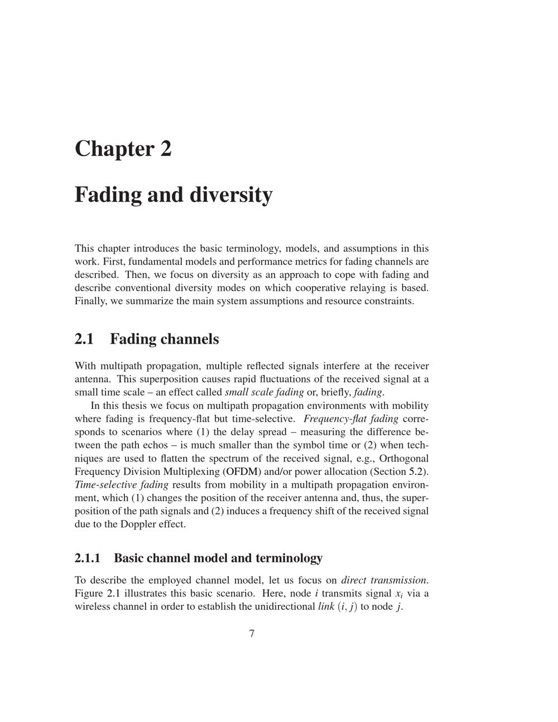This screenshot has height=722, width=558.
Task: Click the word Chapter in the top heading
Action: [114, 149]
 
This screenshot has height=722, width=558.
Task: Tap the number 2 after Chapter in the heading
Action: [166, 149]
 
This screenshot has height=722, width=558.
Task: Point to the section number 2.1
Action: [84, 339]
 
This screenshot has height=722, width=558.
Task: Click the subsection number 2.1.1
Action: [87, 558]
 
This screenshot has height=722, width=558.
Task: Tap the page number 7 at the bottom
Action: [252, 633]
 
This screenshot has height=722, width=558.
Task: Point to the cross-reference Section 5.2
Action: [406, 471]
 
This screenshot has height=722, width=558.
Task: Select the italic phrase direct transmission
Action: [384, 580]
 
